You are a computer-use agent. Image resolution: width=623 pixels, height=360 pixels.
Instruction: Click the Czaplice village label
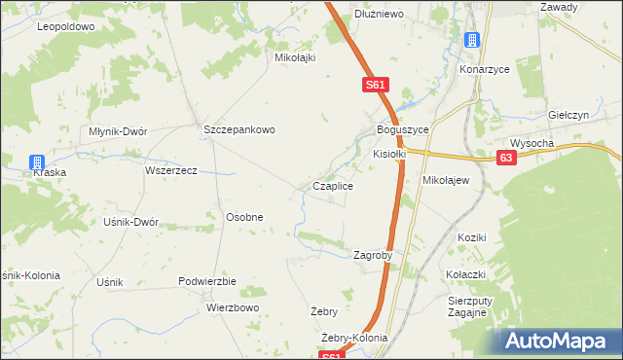coord(332,185)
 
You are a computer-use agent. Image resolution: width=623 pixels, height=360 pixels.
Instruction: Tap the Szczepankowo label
coord(240,129)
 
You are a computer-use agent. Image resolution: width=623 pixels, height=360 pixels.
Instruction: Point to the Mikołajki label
coord(296,57)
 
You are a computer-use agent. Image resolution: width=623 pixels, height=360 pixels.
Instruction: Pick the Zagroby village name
coord(373,255)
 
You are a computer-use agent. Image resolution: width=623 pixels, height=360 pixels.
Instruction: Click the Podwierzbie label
coord(208,280)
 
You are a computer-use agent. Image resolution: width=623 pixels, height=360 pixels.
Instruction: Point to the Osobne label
coord(244,217)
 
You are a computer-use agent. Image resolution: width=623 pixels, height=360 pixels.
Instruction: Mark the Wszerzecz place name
coord(171,170)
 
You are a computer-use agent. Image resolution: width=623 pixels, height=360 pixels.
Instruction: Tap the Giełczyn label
coord(570,114)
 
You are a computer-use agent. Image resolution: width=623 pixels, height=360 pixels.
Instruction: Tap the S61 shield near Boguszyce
coord(377,86)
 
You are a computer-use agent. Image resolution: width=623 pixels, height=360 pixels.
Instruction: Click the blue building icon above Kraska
coord(36,162)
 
